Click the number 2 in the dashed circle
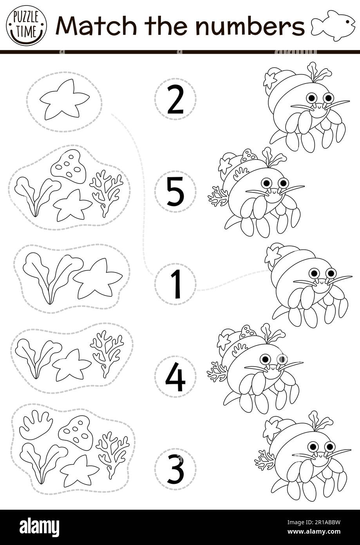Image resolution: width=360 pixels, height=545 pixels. (175, 99)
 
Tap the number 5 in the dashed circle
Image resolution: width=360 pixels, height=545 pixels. (175, 192)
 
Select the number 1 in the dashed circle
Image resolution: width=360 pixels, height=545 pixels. (175, 284)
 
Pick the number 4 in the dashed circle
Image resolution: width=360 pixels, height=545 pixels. (175, 377)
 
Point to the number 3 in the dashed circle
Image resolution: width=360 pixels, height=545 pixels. (175, 469)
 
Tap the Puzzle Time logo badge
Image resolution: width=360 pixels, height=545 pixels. (26, 25)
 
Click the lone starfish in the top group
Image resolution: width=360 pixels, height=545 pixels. (64, 99)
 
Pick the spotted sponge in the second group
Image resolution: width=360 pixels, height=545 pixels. (68, 166)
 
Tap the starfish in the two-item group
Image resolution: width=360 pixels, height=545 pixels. (98, 279)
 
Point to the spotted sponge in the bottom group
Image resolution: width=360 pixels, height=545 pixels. (77, 432)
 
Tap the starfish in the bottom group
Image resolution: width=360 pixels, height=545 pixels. (79, 470)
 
